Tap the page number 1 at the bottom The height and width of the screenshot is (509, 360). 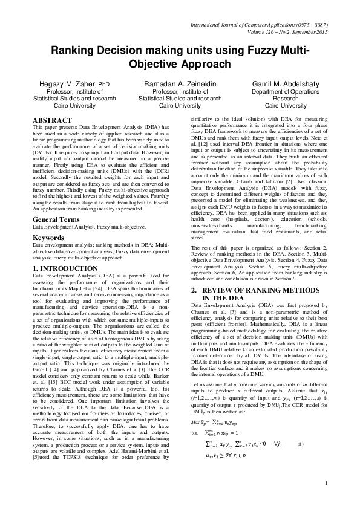point(326,499)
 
